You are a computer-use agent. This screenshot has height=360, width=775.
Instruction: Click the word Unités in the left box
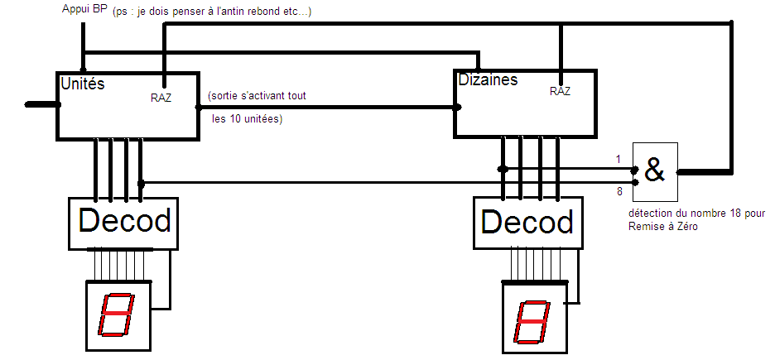(83, 84)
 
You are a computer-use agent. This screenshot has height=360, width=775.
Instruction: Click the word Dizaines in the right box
(488, 79)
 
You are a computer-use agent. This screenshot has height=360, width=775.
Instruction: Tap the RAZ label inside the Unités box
(161, 97)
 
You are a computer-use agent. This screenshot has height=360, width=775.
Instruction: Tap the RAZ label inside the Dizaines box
(560, 92)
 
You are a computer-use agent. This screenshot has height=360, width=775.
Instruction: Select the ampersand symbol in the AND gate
(654, 171)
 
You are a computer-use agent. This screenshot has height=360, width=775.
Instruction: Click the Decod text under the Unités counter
(124, 221)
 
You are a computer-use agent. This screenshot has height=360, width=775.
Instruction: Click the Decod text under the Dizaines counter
(527, 223)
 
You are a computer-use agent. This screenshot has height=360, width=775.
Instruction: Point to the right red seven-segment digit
(532, 322)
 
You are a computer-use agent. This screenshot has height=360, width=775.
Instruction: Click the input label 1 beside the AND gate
(618, 158)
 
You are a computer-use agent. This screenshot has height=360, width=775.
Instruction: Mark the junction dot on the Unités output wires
(141, 182)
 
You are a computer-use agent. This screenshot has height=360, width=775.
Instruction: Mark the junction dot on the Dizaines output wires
(503, 169)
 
